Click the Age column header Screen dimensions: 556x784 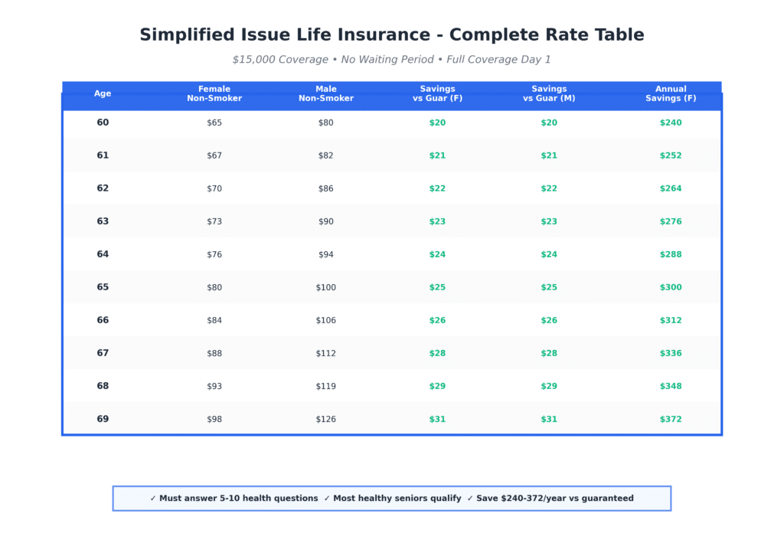coord(103,93)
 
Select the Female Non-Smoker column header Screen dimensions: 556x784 coord(214,93)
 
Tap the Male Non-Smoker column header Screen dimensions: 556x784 coord(326,93)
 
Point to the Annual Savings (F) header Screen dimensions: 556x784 coord(671,93)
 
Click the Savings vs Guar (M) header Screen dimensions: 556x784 coord(549,93)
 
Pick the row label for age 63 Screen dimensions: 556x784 coord(103,221)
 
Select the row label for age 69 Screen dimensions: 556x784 coord(103,419)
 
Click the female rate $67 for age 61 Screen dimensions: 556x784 coord(214,155)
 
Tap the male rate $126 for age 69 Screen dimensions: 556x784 coord(326,419)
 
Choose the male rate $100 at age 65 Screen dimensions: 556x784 coord(326,287)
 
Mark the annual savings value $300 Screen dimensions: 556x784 coord(671,287)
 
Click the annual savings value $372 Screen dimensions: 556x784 coord(671,419)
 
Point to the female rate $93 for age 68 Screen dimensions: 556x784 coord(214,386)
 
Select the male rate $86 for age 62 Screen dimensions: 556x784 coord(326,188)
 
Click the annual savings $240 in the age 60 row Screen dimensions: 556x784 coord(671,123)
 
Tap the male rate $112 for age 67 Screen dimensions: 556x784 coord(326,353)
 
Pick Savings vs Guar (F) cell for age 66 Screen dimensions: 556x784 coord(437,320)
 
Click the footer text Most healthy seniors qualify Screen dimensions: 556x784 coord(397,499)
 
